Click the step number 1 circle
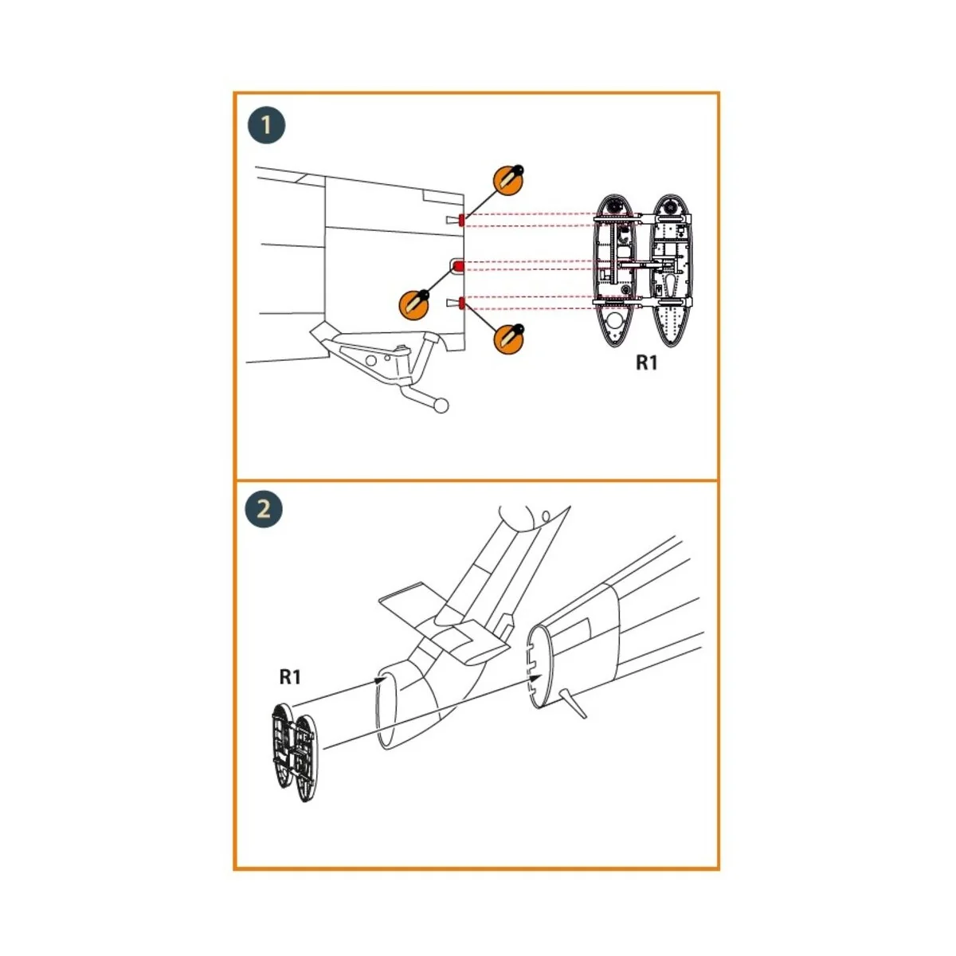coord(266,125)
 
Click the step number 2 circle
coord(264,508)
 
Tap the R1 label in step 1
coord(647,363)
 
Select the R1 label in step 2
coord(290,677)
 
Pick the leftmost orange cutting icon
coord(414,304)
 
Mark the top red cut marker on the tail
coord(461,220)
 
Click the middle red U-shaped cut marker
coord(459,265)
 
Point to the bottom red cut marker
coord(460,302)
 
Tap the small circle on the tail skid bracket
coord(370,361)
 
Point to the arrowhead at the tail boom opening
coord(381,679)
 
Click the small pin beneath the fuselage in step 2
coord(574,705)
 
